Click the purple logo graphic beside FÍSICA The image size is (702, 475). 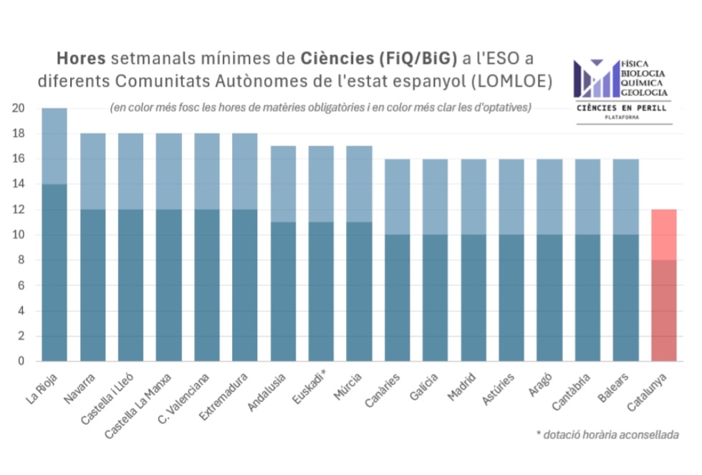[595, 78]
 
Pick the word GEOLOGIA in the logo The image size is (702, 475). [643, 92]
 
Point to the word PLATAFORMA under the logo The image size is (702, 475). [622, 117]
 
